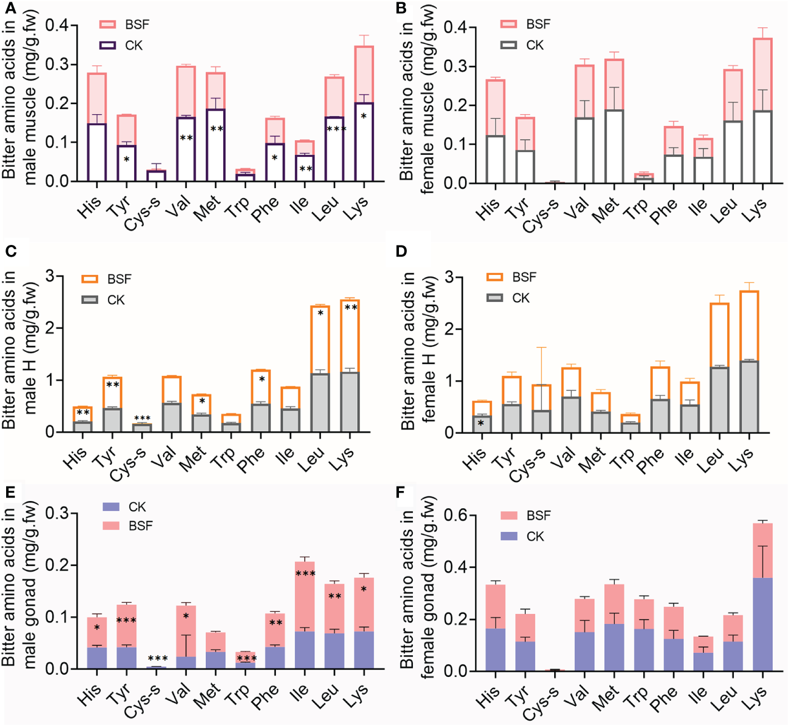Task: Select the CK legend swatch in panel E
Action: tap(111, 507)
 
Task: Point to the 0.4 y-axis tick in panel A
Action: tap(57, 26)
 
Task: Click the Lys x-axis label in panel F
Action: tap(756, 696)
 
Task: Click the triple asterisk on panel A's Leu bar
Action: tap(336, 129)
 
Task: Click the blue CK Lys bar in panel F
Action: tap(763, 623)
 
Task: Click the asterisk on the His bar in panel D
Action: tap(481, 423)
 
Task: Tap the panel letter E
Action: tap(9, 493)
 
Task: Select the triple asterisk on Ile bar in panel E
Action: tap(305, 573)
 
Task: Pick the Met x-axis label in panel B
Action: tap(605, 210)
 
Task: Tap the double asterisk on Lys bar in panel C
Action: tap(351, 307)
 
